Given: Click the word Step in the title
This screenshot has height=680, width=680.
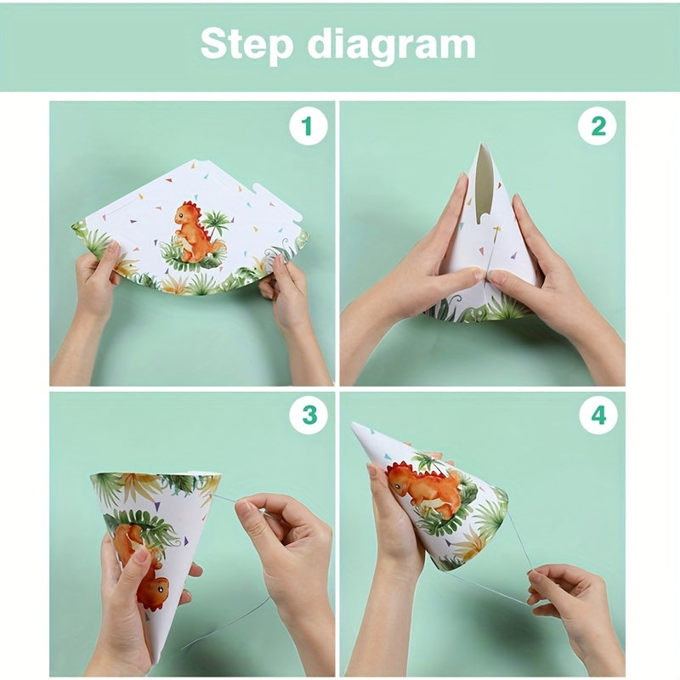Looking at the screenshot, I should tap(246, 44).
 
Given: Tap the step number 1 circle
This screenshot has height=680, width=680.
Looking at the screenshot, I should tap(307, 127).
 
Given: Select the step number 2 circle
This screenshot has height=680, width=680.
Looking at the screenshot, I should tap(598, 127).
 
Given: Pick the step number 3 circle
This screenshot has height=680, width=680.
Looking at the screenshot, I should tap(307, 416).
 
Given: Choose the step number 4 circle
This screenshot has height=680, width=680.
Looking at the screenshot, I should tap(598, 416).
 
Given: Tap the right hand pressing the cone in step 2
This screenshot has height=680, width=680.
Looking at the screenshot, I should tap(544, 272).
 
